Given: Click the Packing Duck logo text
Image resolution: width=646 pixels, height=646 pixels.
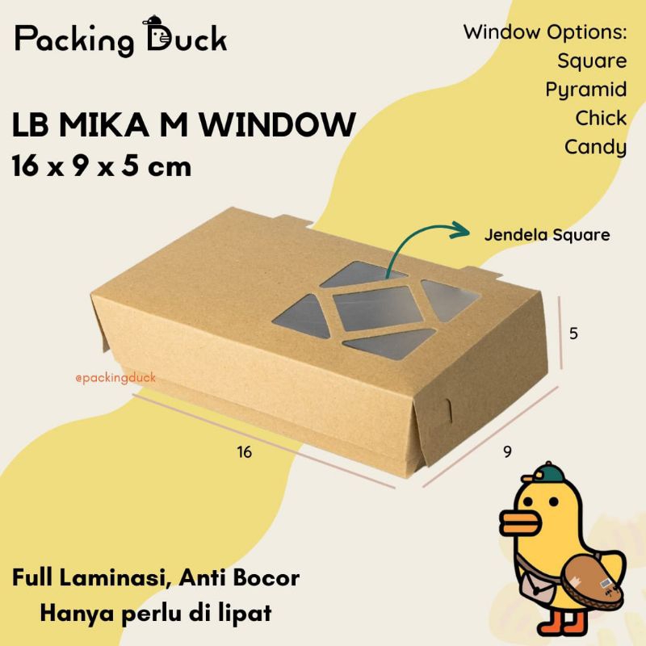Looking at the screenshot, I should pos(121,39).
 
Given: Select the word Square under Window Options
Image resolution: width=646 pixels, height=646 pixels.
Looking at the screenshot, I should pos(591,61).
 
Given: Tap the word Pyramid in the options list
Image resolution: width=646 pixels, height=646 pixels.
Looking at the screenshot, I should pos(585,90).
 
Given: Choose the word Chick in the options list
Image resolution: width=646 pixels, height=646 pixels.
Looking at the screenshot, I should pos(601,118).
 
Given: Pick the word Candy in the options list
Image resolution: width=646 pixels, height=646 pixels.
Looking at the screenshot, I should pos(595,146).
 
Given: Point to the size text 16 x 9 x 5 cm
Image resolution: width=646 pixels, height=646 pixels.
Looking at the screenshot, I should pos(102,166).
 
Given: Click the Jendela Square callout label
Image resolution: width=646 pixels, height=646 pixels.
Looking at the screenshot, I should pos(547,235).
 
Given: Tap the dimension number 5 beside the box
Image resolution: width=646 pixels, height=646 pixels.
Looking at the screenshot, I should pos(573,332).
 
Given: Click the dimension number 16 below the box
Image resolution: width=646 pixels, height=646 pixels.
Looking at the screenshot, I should pos(245,452).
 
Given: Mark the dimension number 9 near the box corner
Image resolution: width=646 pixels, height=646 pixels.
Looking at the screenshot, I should pos(507,451).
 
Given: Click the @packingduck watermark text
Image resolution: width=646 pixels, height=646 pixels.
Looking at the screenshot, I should pos(112,376).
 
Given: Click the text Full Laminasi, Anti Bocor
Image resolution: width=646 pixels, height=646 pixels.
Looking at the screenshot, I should pos(156,579).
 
